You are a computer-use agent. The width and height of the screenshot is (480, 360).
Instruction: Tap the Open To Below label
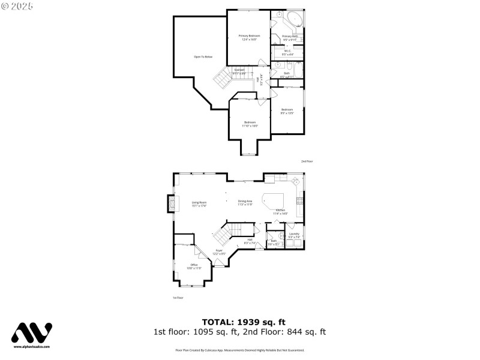[x=203, y=57]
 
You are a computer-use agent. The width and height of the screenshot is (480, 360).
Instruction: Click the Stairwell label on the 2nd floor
[x=239, y=70]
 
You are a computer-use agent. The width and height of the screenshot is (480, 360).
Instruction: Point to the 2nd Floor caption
[x=307, y=161]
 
